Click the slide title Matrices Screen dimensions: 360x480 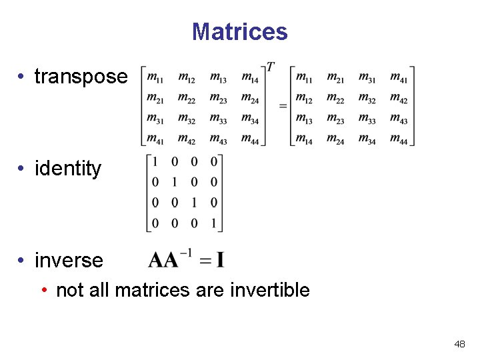[x=239, y=31]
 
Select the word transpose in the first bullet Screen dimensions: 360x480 [x=81, y=77]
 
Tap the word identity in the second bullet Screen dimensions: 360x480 [x=68, y=169]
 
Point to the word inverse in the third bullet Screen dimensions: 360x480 [x=69, y=260]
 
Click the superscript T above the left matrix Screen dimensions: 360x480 [x=271, y=67]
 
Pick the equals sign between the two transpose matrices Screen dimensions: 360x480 [x=283, y=105]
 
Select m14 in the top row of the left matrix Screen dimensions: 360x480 [x=250, y=79]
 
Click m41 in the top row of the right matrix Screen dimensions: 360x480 [x=399, y=79]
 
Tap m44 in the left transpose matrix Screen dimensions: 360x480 [x=250, y=139]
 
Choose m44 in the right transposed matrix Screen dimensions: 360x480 [x=399, y=139]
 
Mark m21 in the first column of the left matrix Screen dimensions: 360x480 [x=155, y=99]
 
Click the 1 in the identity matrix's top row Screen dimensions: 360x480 [x=155, y=162]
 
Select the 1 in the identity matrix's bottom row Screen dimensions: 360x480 [x=213, y=223]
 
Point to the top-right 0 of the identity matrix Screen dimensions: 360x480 [x=213, y=162]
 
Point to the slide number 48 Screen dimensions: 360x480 [x=459, y=344]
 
